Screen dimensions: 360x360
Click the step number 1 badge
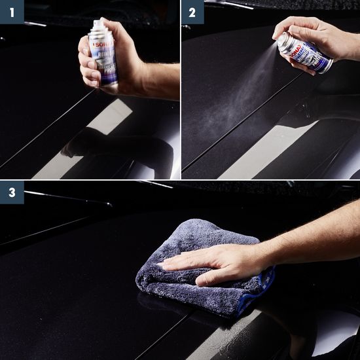click(x=11, y=11)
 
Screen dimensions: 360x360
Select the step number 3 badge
click(x=11, y=193)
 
